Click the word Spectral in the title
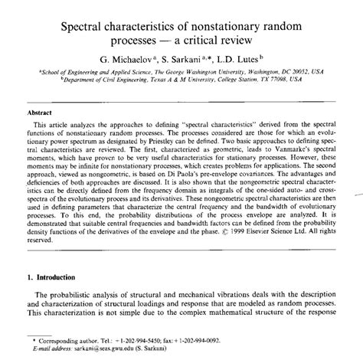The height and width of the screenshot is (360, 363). (84, 27)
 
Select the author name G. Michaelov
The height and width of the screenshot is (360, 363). (128, 57)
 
